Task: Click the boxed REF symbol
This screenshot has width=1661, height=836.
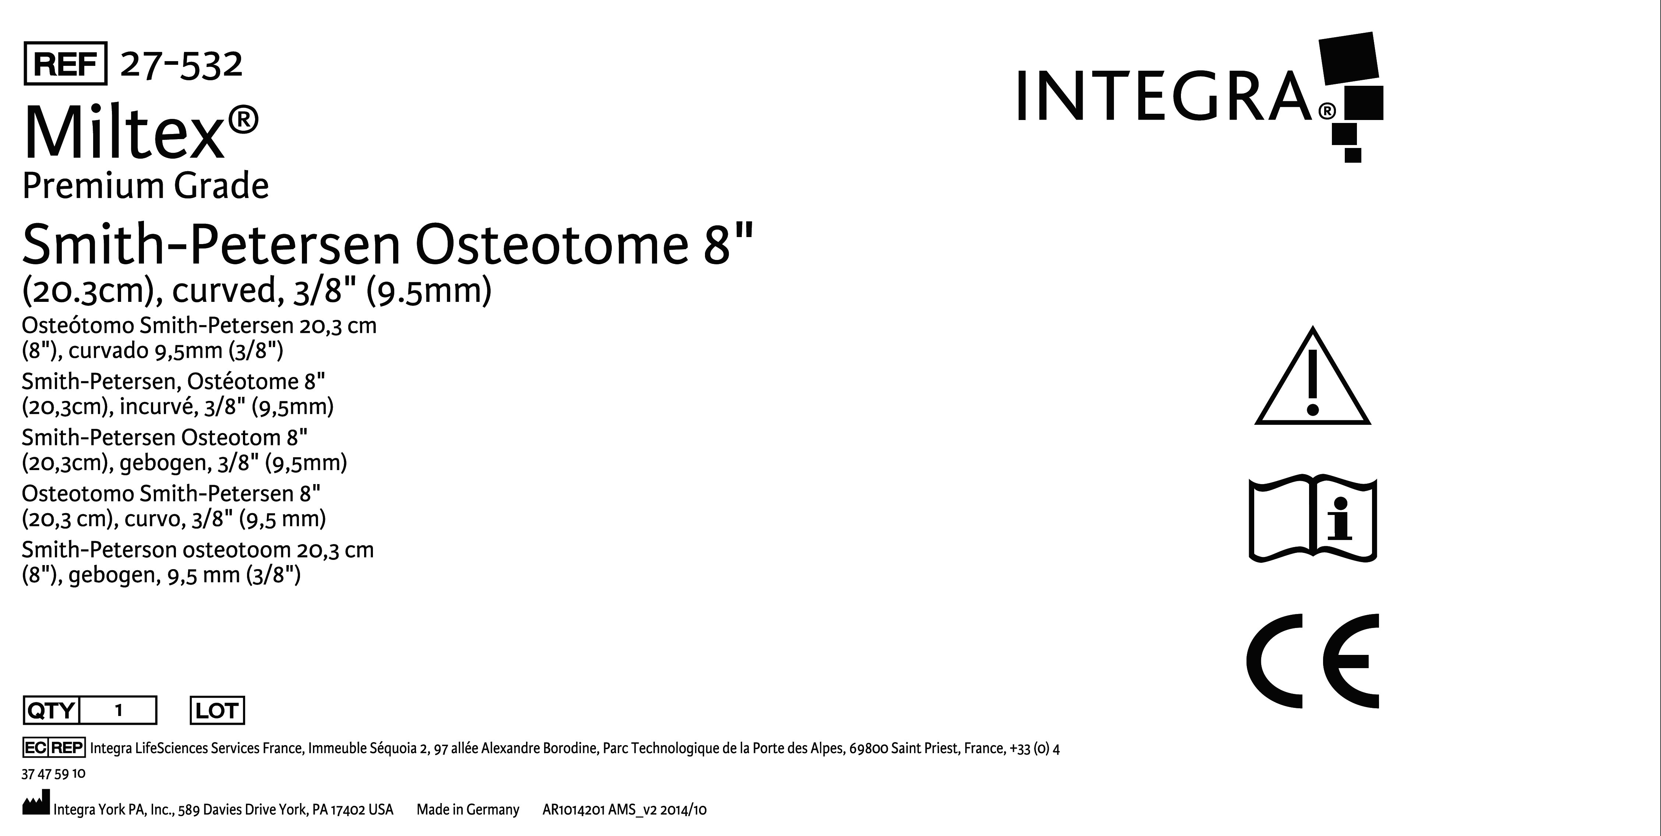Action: (65, 63)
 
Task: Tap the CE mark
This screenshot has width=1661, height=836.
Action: (1313, 661)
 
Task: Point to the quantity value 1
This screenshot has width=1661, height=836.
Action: (119, 710)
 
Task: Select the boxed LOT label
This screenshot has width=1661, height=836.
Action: (217, 710)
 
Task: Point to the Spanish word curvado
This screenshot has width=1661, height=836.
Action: (108, 351)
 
